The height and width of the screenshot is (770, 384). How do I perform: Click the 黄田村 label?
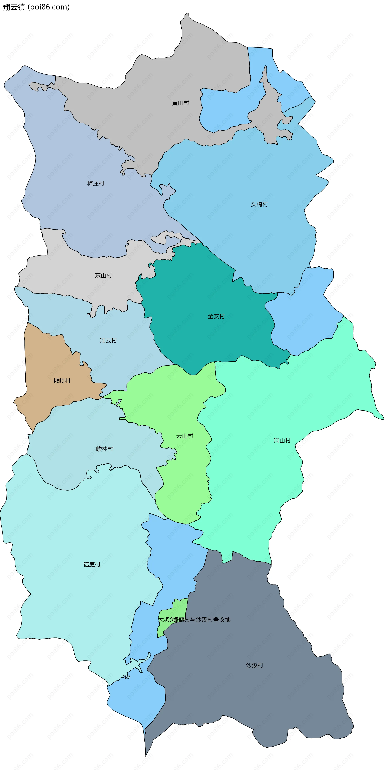coord(180,103)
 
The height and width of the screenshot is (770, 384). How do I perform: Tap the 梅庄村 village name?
coord(96,184)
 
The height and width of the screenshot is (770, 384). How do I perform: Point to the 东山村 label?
coord(103,275)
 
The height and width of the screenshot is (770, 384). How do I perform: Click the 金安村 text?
coord(216,316)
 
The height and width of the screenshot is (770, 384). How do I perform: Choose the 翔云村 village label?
coord(108,340)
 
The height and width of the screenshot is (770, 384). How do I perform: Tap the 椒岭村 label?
coord(62,381)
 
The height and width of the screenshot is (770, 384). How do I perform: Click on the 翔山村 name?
coord(282,440)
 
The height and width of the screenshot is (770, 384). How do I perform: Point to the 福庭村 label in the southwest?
coord(92,564)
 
